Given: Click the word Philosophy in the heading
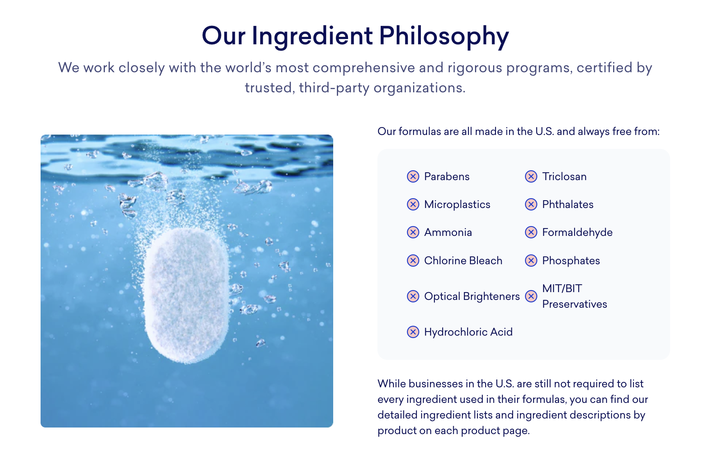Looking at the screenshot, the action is pyautogui.click(x=444, y=36).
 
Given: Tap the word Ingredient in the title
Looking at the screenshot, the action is pyautogui.click(x=312, y=36).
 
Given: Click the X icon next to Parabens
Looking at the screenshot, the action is pyautogui.click(x=413, y=176).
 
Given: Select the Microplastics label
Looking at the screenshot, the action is pyautogui.click(x=457, y=204).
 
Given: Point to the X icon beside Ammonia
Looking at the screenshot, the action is pyautogui.click(x=413, y=232).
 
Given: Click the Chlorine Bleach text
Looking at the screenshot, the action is pyautogui.click(x=463, y=261).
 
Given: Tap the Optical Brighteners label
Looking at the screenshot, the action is pyautogui.click(x=472, y=296).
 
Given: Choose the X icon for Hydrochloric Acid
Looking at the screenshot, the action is pyautogui.click(x=413, y=332).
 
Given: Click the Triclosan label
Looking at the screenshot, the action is pyautogui.click(x=564, y=176).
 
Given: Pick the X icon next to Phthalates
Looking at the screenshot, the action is pyautogui.click(x=531, y=204).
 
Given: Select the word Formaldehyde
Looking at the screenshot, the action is pyautogui.click(x=577, y=233).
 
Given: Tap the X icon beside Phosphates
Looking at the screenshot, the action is pyautogui.click(x=531, y=261).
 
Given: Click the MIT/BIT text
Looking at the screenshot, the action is pyautogui.click(x=562, y=288).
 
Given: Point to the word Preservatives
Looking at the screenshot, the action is pyautogui.click(x=575, y=304).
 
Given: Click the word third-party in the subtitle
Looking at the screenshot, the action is pyautogui.click(x=334, y=88).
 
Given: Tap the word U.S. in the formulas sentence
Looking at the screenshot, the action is pyautogui.click(x=545, y=131).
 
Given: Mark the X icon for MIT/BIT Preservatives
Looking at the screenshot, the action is pyautogui.click(x=531, y=296).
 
